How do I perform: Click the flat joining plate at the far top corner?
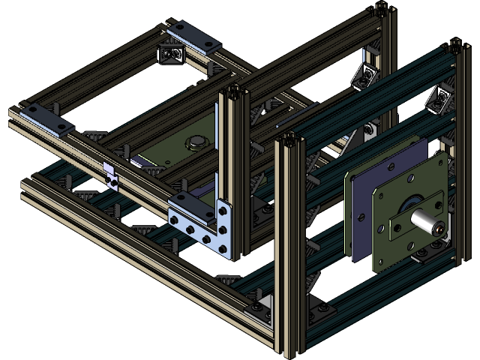pyautogui.click(x=196, y=37)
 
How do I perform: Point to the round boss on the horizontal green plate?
pyautogui.click(x=198, y=140)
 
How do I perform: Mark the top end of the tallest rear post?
pyautogui.click(x=380, y=9)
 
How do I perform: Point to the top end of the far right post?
pyautogui.click(x=454, y=45)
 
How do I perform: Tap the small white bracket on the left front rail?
pyautogui.click(x=111, y=176)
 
